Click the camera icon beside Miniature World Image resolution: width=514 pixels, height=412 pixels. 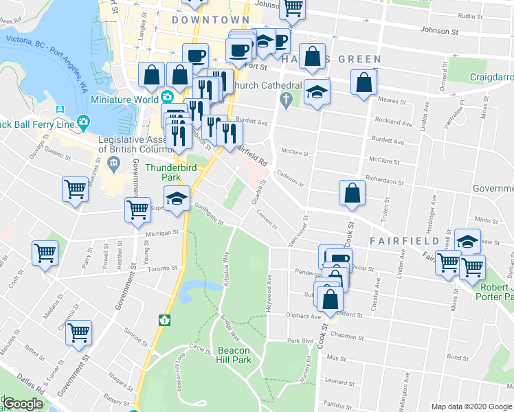167,97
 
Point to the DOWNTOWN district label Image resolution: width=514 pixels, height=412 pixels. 210,20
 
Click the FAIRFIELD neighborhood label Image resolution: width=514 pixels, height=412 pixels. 404,241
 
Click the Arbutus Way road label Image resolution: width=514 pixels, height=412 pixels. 225,266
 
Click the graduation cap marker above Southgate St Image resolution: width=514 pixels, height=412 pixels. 177,199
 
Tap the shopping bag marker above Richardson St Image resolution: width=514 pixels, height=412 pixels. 352,194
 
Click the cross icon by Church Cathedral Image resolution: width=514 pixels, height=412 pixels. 287,101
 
